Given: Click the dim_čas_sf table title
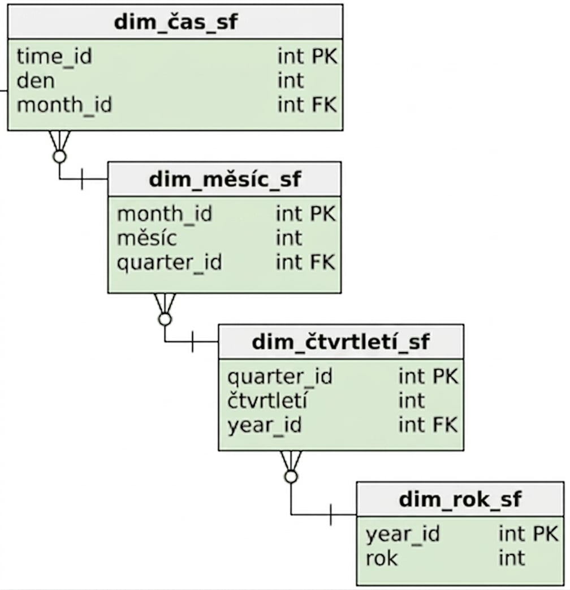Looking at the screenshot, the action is click(175, 22).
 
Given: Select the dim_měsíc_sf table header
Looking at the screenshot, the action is click(224, 179).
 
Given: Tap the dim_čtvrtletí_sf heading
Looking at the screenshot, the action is click(340, 341).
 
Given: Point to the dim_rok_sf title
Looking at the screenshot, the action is click(460, 499).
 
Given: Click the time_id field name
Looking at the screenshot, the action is click(54, 57).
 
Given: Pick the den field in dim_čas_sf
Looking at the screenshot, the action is click(36, 80).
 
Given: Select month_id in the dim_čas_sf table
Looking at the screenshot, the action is click(64, 105).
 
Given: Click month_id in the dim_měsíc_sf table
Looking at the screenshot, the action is click(165, 214).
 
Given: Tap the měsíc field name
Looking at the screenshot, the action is click(147, 238).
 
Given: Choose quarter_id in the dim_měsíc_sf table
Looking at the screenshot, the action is click(170, 263).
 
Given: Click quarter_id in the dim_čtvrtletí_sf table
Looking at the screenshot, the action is click(280, 377).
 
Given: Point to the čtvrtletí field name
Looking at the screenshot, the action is click(267, 400).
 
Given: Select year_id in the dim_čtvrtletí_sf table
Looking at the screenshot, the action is click(265, 425).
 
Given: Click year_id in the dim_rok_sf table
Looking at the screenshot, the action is click(403, 534).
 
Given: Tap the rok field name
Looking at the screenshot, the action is click(381, 558).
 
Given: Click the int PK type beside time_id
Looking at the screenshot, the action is click(308, 57).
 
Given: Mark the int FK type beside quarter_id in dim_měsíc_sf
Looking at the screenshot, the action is click(305, 262).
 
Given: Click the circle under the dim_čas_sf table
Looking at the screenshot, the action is click(59, 156).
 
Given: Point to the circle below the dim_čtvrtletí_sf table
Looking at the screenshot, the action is click(291, 477).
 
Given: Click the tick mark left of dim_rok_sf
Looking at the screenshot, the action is click(331, 514).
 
